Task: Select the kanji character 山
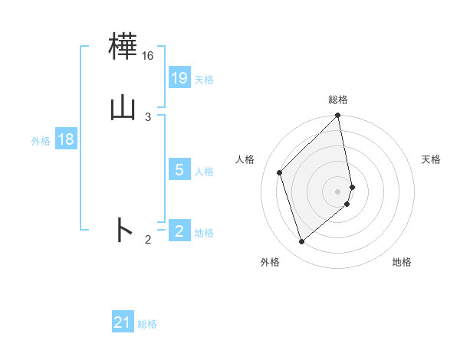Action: [x=123, y=107]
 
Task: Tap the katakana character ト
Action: [x=123, y=230]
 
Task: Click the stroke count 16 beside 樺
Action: [x=147, y=56]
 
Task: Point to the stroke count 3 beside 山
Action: [x=148, y=116]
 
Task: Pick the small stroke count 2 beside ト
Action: [x=148, y=240]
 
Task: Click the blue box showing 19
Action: [x=179, y=77]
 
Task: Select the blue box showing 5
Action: [x=179, y=169]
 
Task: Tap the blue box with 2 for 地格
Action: [x=179, y=231]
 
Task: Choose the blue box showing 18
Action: [x=66, y=139]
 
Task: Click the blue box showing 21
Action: [x=123, y=322]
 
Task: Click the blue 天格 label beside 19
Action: [x=204, y=79]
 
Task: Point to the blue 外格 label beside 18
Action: [x=41, y=141]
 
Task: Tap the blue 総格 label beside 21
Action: [x=147, y=324]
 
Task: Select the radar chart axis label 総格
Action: [x=338, y=100]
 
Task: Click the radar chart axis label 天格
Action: [x=431, y=159]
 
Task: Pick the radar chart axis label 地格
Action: [x=402, y=262]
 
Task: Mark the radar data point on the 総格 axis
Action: [x=338, y=116]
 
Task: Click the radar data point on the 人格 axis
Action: [x=280, y=172]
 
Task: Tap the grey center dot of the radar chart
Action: [x=338, y=191]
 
